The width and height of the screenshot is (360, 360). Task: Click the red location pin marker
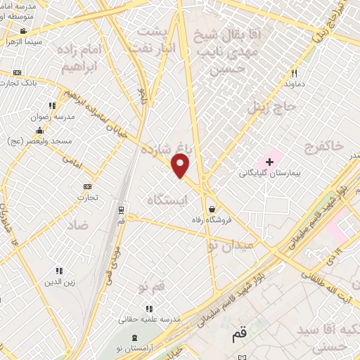(181, 166)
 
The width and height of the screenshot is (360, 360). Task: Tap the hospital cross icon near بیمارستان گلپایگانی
(269, 162)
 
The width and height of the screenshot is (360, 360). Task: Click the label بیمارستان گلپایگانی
(268, 173)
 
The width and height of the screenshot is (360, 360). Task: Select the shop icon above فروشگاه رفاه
(212, 208)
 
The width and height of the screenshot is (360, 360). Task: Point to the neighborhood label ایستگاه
(170, 200)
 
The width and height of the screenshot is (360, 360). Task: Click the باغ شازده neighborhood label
(167, 150)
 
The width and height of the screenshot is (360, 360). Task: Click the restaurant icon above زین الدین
(59, 271)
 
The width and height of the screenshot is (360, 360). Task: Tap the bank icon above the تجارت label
(87, 186)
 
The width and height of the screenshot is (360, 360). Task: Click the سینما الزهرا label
(23, 42)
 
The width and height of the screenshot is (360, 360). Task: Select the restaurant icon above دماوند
(295, 72)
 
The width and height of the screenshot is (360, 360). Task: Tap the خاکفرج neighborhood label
(324, 146)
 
